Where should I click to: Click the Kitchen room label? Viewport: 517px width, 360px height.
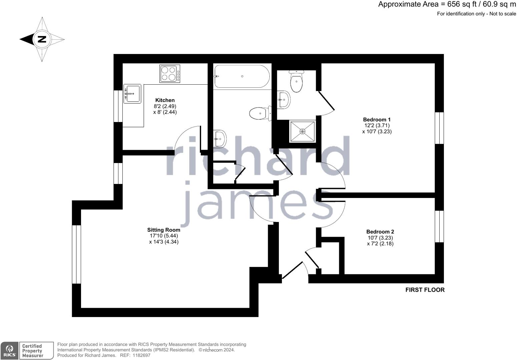pyautogui.click(x=165, y=100)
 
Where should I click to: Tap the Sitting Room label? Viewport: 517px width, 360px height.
pyautogui.click(x=163, y=230)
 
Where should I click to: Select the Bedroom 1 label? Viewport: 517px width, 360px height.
pyautogui.click(x=377, y=119)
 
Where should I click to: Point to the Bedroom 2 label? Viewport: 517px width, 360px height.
pyautogui.click(x=380, y=232)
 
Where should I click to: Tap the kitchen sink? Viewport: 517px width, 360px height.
pyautogui.click(x=133, y=94)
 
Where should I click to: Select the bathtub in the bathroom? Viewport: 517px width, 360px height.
pyautogui.click(x=242, y=76)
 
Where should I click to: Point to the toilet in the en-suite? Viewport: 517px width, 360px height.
pyautogui.click(x=296, y=82)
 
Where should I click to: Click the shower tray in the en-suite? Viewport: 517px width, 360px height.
pyautogui.click(x=303, y=131)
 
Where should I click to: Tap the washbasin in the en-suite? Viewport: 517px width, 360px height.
pyautogui.click(x=284, y=99)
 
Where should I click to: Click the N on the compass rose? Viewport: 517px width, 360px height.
pyautogui.click(x=42, y=39)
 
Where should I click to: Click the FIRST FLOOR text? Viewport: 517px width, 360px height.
pyautogui.click(x=425, y=290)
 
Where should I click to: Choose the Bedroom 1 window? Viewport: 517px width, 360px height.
pyautogui.click(x=439, y=128)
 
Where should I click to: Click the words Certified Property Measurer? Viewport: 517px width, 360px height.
pyautogui.click(x=33, y=351)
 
